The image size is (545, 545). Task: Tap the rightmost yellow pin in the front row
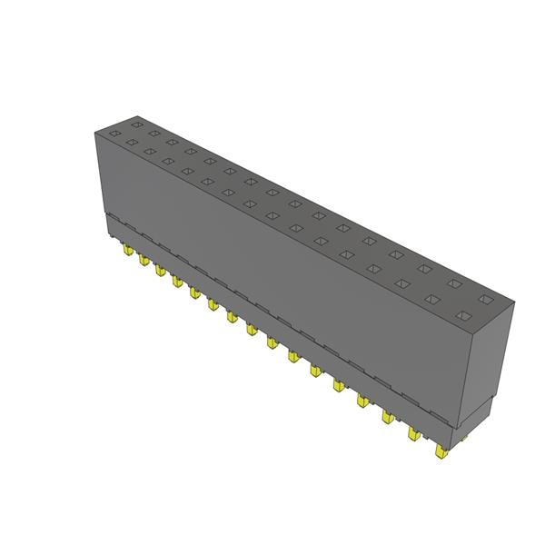pyautogui.click(x=441, y=451)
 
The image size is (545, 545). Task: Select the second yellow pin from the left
pyautogui.click(x=144, y=260)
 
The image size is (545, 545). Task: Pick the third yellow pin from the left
pyautogui.click(x=160, y=270)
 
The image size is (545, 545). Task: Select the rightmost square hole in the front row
pyautogui.click(x=463, y=315)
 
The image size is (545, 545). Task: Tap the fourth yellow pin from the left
pyautogui.click(x=176, y=281)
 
